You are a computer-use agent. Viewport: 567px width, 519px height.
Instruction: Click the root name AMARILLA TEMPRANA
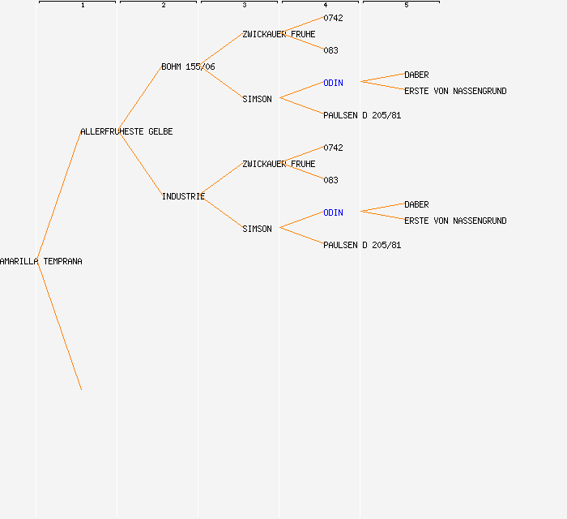[x=40, y=261]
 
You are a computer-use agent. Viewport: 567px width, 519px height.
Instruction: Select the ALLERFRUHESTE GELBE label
[x=126, y=131]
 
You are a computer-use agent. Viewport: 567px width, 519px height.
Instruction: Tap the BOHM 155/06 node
[x=188, y=67]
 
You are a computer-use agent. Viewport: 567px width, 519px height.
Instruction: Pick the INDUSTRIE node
[x=183, y=196]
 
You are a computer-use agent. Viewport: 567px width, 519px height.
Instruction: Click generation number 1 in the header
[x=83, y=5]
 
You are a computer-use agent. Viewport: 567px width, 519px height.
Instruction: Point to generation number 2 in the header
[x=164, y=5]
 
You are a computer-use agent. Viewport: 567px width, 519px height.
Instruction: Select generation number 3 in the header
[x=245, y=5]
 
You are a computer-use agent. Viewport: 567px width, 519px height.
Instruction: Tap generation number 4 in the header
[x=326, y=5]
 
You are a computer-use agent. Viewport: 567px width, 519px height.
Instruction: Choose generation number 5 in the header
[x=407, y=5]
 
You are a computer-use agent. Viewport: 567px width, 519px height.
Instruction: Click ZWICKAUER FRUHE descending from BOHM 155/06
[x=279, y=34]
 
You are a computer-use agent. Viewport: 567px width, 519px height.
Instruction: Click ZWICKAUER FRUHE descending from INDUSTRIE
[x=279, y=165]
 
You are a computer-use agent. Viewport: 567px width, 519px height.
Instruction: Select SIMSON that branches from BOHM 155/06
[x=257, y=99]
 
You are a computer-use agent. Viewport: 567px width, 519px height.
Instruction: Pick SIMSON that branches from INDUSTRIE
[x=257, y=229]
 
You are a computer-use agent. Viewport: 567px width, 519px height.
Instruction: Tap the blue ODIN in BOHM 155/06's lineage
[x=333, y=84]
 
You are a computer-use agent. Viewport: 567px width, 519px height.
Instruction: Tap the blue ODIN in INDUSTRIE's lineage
[x=333, y=212]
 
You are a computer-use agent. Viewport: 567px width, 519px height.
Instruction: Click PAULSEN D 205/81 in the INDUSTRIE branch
[x=362, y=246]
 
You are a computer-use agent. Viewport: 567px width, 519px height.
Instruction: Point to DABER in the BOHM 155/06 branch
[x=416, y=75]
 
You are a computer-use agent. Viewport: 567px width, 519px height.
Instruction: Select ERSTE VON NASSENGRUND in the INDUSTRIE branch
[x=455, y=221]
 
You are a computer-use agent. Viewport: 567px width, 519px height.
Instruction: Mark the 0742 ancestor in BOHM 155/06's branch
[x=333, y=18]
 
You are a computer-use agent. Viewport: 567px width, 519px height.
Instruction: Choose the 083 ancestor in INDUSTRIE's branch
[x=330, y=180]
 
